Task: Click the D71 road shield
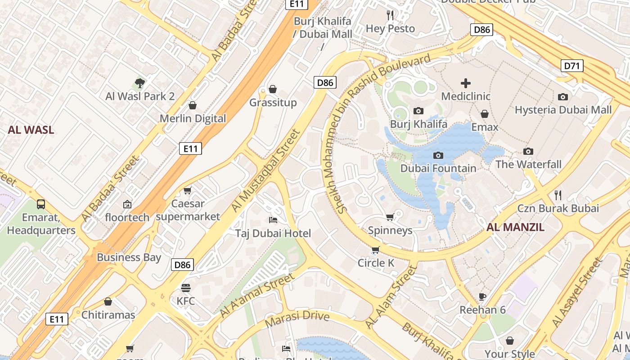(x=572, y=66)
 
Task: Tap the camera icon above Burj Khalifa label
(x=418, y=111)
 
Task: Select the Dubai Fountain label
(x=438, y=168)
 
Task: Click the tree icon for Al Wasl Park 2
(x=140, y=83)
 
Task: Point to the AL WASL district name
(x=31, y=130)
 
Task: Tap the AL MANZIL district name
(x=515, y=227)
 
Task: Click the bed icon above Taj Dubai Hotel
(x=273, y=220)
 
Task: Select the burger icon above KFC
(x=186, y=288)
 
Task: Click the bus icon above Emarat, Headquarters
(x=41, y=204)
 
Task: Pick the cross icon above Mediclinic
(x=466, y=83)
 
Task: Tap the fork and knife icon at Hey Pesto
(x=390, y=15)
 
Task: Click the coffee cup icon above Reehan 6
(x=482, y=297)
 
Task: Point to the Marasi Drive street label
(x=297, y=319)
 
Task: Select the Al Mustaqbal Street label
(x=265, y=171)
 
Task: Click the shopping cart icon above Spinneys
(x=390, y=217)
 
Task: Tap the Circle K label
(x=376, y=263)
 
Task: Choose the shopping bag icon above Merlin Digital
(x=193, y=105)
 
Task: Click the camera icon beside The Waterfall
(x=528, y=151)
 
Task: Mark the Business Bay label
(x=129, y=257)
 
